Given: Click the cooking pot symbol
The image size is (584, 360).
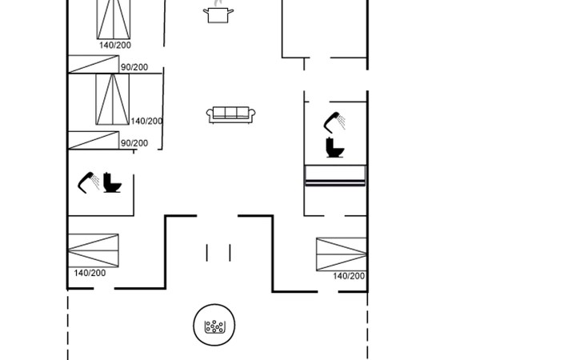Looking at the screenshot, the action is [218, 14].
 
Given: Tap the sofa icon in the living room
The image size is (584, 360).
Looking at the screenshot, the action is [231, 114].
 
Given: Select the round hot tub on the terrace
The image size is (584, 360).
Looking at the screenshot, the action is [214, 325].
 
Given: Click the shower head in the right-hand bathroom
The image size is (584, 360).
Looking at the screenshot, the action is [334, 122].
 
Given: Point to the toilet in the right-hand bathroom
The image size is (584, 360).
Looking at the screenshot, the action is [334, 147].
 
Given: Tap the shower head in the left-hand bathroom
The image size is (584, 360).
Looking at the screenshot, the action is [88, 182].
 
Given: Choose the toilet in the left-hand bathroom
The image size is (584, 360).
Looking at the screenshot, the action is [112, 182].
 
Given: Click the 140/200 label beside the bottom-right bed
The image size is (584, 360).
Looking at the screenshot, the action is [349, 276].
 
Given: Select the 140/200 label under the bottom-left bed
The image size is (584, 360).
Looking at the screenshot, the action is [90, 274].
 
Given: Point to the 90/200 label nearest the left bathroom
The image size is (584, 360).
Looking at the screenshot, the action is [134, 143].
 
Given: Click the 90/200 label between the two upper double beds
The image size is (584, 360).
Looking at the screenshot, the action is [134, 67].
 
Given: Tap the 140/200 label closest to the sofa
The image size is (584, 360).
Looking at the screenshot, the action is [146, 121].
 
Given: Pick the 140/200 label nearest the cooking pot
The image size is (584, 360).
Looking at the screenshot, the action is [115, 45].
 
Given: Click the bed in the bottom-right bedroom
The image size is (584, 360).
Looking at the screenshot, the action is [341, 254].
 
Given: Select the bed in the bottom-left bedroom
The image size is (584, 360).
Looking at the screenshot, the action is [94, 250].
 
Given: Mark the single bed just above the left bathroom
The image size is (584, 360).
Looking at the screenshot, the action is [94, 140].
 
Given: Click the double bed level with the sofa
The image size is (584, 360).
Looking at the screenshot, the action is [113, 99].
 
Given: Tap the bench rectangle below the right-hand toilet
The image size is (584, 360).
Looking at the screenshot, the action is [335, 175].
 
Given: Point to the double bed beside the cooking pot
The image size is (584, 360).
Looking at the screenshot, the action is [114, 19].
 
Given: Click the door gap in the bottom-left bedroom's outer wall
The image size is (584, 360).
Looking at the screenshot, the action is [104, 288].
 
